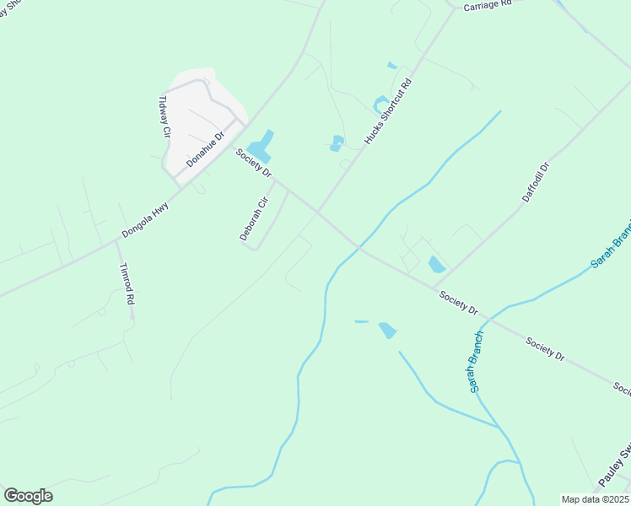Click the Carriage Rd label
(x=488, y=5)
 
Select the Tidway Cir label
(x=164, y=116)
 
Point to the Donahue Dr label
(x=206, y=149)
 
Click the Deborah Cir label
(x=253, y=219)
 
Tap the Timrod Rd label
(x=127, y=283)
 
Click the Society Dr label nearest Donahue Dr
(x=254, y=163)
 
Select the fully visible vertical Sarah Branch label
(x=476, y=361)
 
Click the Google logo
(x=28, y=496)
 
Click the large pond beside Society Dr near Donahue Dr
(x=262, y=147)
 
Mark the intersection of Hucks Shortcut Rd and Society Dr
(x=318, y=212)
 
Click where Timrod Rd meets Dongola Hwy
(x=117, y=242)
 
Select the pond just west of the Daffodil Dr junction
(x=436, y=265)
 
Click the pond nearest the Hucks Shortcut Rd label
(x=380, y=105)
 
